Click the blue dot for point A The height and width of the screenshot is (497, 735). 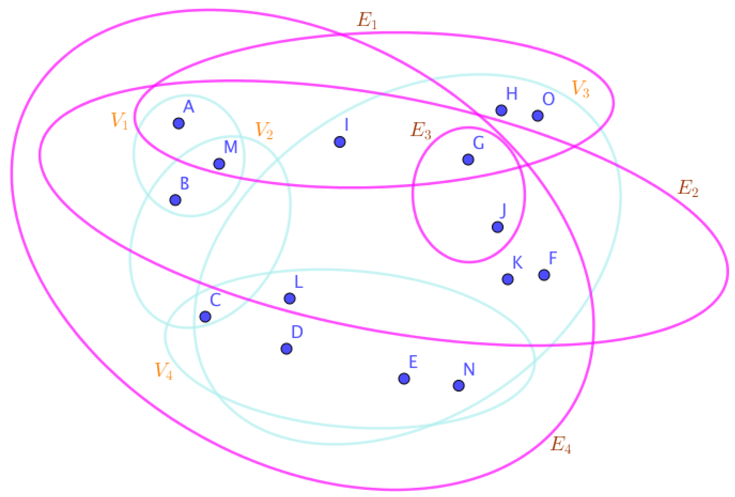(x=179, y=123)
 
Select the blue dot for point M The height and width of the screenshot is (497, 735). (x=219, y=164)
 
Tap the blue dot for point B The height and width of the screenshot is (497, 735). (x=175, y=200)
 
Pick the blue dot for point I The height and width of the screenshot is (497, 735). (x=340, y=142)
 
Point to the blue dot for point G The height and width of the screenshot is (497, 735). (x=468, y=160)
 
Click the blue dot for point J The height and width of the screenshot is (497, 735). (x=498, y=227)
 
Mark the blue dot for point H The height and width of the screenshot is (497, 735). (x=501, y=110)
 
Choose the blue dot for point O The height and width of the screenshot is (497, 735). (x=538, y=116)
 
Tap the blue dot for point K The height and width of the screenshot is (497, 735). (x=508, y=279)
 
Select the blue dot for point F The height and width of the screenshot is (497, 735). (x=544, y=275)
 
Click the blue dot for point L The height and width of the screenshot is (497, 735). (x=290, y=298)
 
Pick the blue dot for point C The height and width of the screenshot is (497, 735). (x=205, y=317)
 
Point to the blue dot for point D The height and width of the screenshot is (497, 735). (x=287, y=349)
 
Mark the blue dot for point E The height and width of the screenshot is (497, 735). (x=404, y=378)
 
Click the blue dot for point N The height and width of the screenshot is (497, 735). (x=459, y=386)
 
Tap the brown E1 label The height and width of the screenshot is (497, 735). (x=367, y=21)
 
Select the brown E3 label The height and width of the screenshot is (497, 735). (x=421, y=131)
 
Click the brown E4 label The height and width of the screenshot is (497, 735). (x=561, y=445)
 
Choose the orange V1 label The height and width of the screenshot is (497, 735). (x=119, y=121)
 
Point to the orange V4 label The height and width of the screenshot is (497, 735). (x=163, y=370)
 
